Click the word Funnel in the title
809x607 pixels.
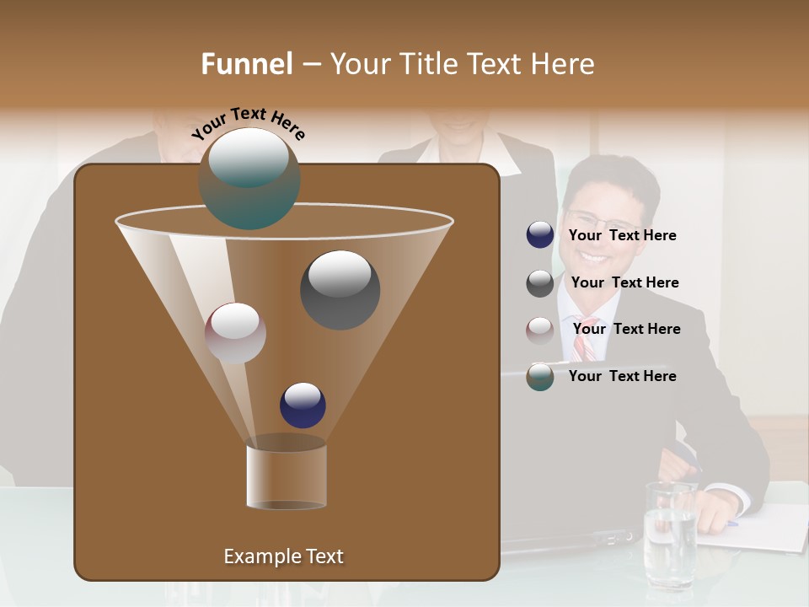(246, 64)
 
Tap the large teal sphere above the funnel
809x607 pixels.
(249, 178)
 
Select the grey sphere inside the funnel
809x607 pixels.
(340, 289)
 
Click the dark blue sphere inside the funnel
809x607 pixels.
(303, 405)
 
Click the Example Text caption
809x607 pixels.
(283, 556)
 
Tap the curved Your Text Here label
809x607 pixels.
(249, 121)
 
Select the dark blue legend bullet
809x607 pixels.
(540, 235)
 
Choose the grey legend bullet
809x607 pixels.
(540, 283)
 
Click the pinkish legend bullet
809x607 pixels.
(540, 330)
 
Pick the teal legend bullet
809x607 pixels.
(540, 377)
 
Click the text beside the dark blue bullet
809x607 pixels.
(622, 236)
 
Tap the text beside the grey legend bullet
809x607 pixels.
(624, 283)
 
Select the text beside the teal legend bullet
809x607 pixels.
(622, 376)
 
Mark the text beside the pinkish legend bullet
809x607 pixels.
(626, 329)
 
